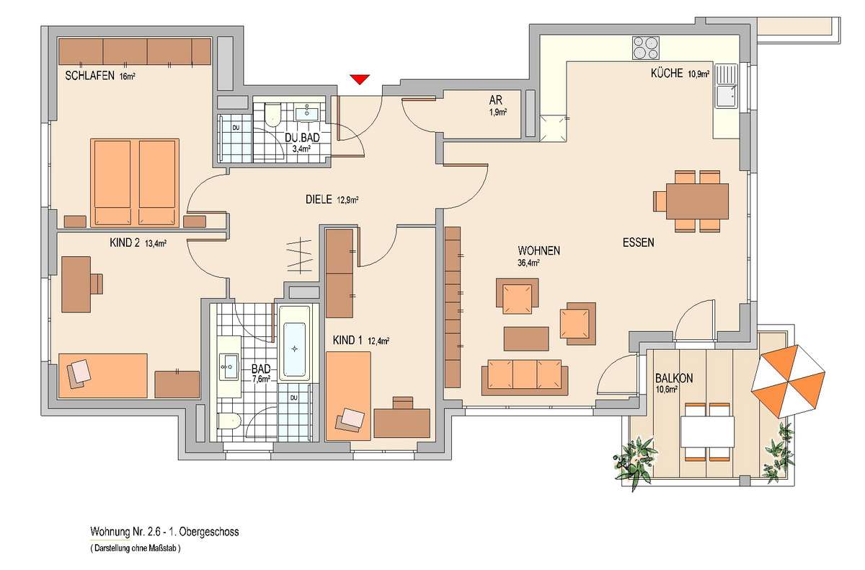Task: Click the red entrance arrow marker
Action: (360, 79)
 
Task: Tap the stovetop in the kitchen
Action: (646, 48)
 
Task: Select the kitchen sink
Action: (726, 86)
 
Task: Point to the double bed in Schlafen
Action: (135, 183)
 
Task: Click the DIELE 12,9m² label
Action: (332, 199)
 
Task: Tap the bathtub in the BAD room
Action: (295, 343)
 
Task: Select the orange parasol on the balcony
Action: (788, 381)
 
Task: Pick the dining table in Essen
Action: (698, 201)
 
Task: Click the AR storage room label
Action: (497, 105)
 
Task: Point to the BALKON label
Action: (674, 378)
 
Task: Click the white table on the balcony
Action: (707, 431)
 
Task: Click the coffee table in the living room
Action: (526, 339)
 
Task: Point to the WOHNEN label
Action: (538, 251)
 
